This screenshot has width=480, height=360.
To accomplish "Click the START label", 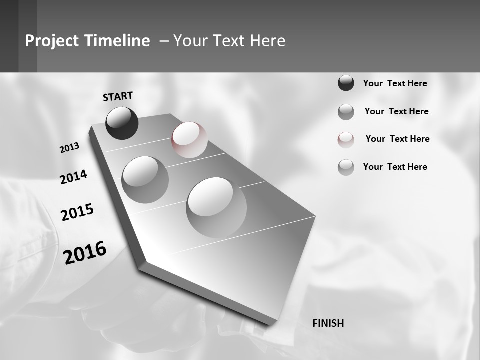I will click(x=118, y=96).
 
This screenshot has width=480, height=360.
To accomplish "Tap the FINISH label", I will click(x=328, y=323).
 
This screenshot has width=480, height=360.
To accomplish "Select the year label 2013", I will click(x=70, y=148).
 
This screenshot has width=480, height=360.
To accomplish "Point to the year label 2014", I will click(x=73, y=177).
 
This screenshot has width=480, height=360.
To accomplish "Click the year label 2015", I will click(x=77, y=212).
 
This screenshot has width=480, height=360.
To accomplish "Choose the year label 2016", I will click(x=85, y=252).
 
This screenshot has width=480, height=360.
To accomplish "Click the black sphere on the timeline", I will click(x=122, y=123).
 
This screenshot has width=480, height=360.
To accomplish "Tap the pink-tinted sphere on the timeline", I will click(x=189, y=140).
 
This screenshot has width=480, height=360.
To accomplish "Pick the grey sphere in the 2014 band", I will click(x=145, y=180).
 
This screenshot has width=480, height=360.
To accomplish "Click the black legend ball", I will click(x=346, y=83).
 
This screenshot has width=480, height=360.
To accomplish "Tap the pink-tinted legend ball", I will click(x=346, y=139).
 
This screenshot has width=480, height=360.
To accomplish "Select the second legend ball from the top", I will click(x=346, y=112).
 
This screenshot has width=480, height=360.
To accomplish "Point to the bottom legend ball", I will click(x=346, y=167).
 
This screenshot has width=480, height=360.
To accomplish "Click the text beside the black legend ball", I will click(x=395, y=83).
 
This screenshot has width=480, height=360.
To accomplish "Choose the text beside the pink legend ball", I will click(x=397, y=139).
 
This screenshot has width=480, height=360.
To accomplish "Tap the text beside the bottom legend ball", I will click(x=395, y=167).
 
